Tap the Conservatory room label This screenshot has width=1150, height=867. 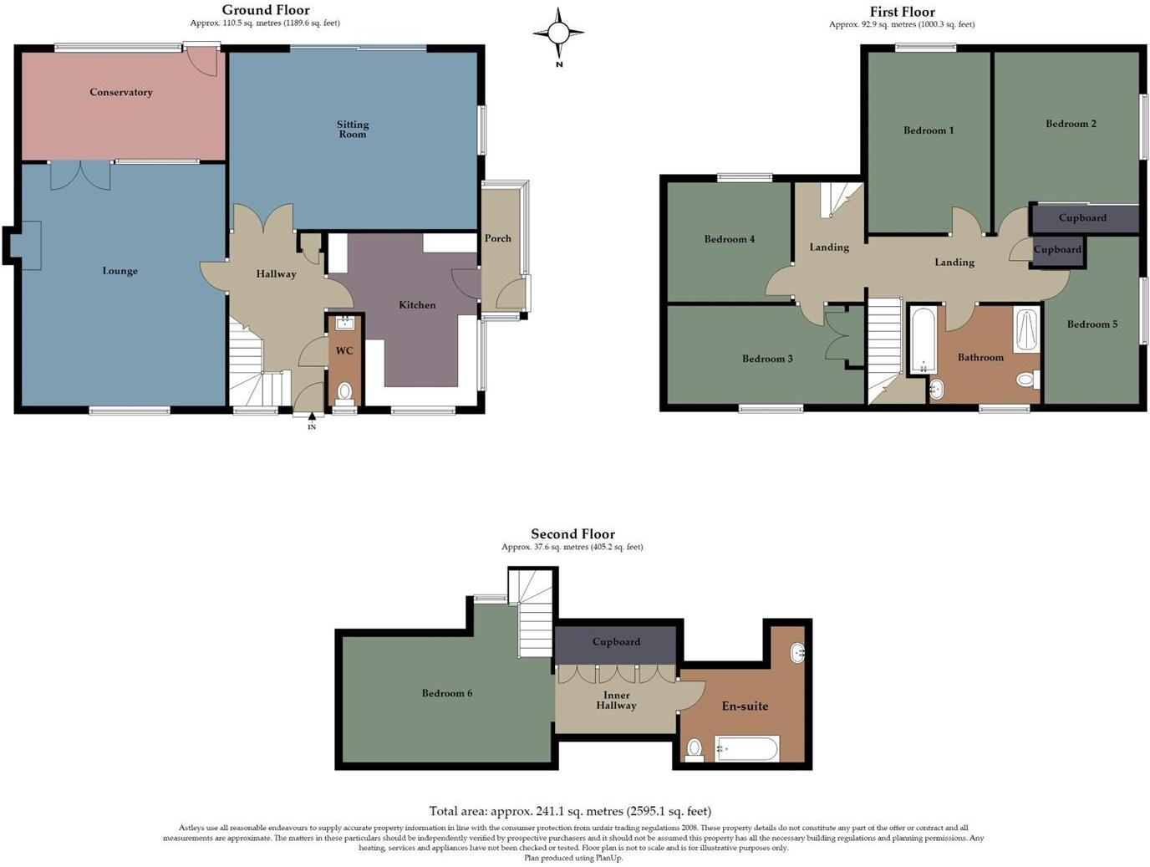[121, 93]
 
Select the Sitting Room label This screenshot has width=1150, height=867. [353, 129]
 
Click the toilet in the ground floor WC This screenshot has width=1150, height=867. [344, 391]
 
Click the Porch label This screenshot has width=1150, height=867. [498, 239]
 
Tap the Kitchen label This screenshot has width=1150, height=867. [417, 305]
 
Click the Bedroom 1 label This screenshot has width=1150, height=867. [929, 130]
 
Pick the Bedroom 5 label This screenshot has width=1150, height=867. [1091, 324]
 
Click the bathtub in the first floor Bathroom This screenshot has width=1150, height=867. [923, 341]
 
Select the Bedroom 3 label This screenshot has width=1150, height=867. [767, 360]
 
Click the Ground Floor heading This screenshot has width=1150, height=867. [266, 10]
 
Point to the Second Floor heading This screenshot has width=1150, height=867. [572, 534]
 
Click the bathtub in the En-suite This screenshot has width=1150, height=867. [746, 748]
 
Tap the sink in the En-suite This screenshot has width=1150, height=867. [797, 652]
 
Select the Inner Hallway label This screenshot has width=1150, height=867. [616, 701]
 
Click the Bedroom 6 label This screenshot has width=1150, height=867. [447, 694]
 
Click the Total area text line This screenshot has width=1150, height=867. [570, 811]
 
